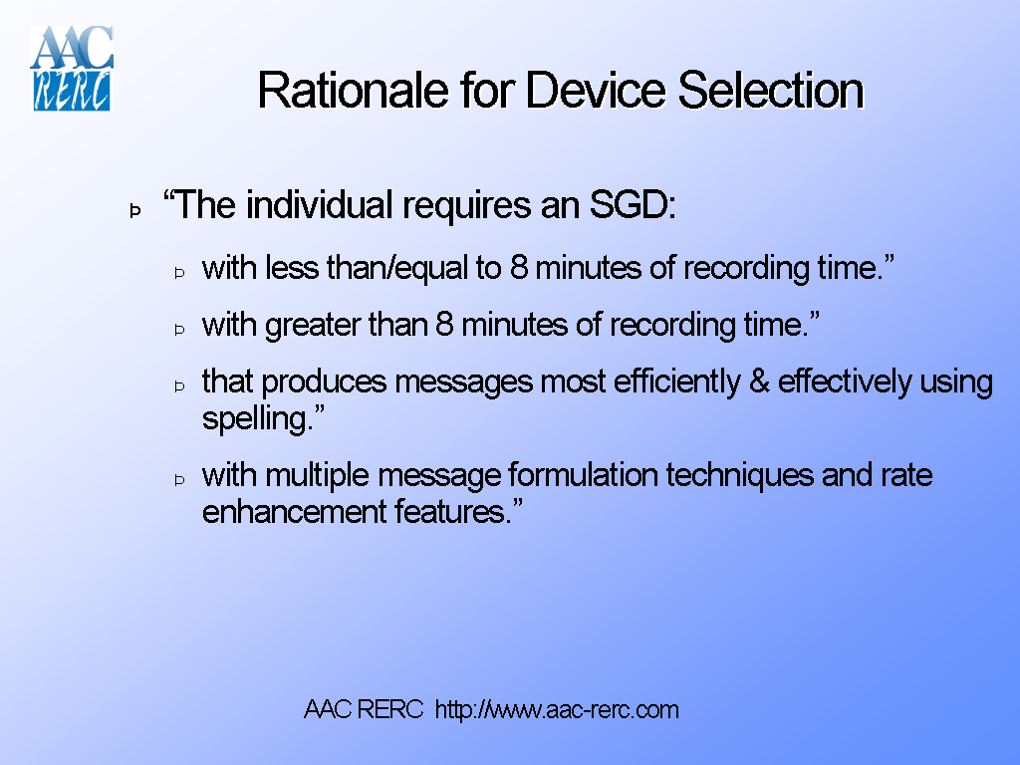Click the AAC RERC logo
tap(71, 68)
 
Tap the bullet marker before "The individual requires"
tap(134, 210)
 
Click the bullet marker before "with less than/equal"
tap(180, 271)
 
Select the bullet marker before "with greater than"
tap(180, 328)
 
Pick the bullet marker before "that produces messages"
tap(180, 384)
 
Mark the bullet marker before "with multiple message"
tap(180, 478)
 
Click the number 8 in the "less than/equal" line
tap(518, 268)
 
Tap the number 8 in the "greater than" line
tap(444, 325)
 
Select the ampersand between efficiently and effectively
tap(759, 382)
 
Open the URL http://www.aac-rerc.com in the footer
tap(557, 710)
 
